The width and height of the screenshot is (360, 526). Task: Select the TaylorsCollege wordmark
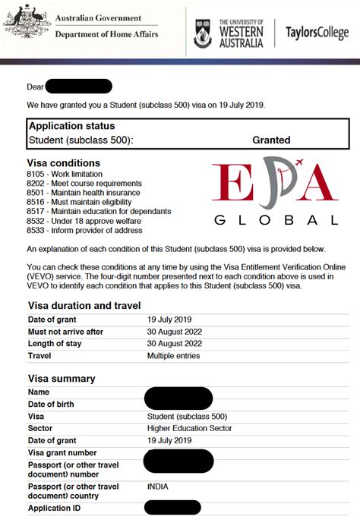tap(317, 33)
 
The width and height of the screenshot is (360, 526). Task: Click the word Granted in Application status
tap(271, 140)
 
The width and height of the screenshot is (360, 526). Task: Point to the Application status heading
tap(71, 127)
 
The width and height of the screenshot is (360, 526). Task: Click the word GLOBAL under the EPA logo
tap(276, 220)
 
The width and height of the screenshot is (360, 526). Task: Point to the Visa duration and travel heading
tap(84, 305)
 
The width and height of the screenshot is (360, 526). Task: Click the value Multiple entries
tap(174, 355)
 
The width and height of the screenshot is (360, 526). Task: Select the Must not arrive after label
tap(65, 332)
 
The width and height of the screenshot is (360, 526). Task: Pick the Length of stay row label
tap(55, 344)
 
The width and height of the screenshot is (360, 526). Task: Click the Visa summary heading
tap(61, 379)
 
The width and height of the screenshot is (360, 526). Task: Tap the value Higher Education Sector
tap(189, 428)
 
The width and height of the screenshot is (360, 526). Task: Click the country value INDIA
tap(158, 486)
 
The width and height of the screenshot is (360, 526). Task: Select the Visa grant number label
tap(62, 453)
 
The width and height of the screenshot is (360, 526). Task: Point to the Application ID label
tap(54, 508)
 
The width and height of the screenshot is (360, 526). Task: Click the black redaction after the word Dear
tap(78, 87)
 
